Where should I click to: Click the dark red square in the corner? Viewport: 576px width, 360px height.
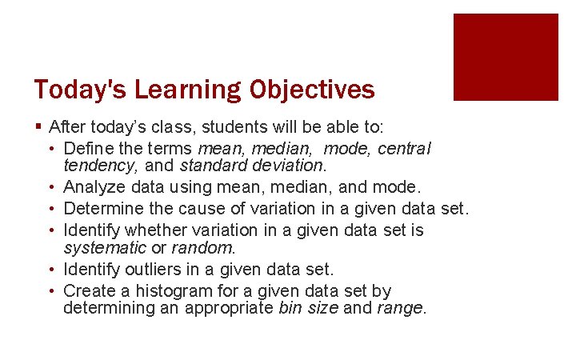coord(506,57)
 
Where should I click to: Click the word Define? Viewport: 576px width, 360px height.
coord(86,148)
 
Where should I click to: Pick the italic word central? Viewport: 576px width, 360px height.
coord(404,148)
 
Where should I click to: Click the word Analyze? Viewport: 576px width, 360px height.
coord(92,188)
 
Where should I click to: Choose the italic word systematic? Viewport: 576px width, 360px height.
coord(103,248)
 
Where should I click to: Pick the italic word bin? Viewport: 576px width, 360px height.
coord(290,308)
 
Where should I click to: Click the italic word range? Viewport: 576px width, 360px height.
coord(401,308)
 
